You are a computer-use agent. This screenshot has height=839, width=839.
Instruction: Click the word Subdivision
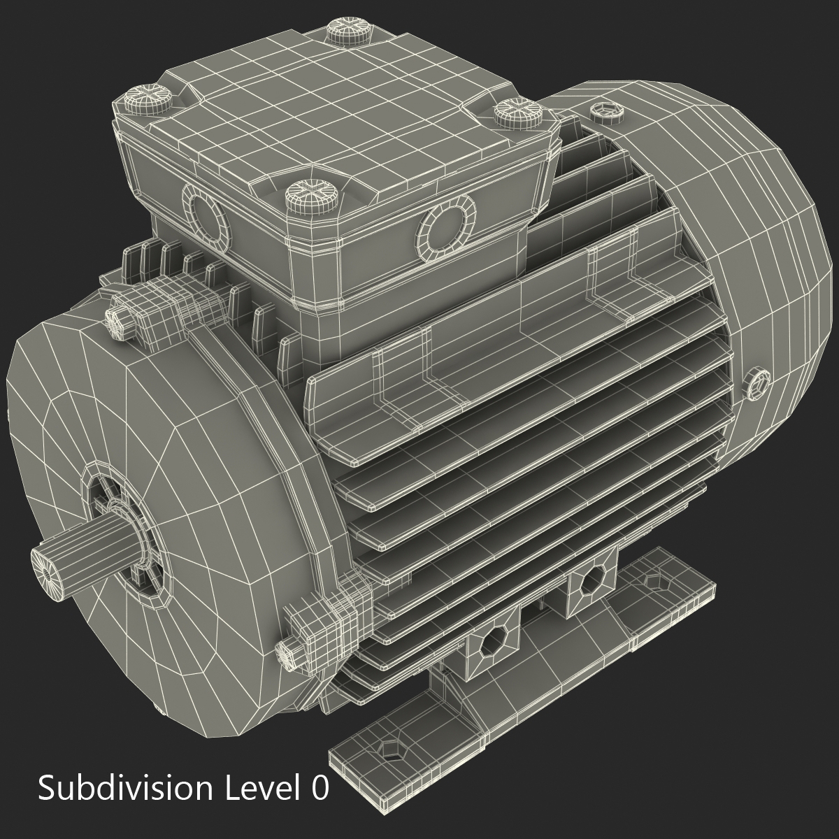[x=125, y=789]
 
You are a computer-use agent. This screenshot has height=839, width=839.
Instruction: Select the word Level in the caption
[x=258, y=789]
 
